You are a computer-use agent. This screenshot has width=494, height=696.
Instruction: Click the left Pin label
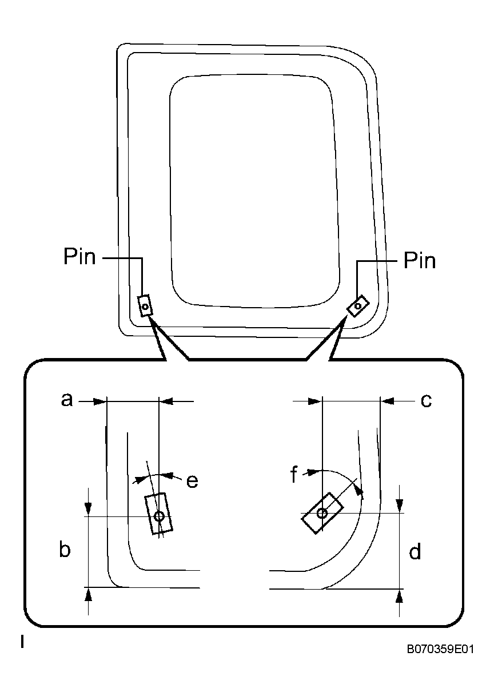[79, 258]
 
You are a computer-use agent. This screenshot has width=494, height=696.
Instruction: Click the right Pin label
[419, 261]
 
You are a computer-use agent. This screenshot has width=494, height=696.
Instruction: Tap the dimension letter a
[67, 400]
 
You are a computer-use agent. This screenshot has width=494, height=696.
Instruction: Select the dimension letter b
[65, 550]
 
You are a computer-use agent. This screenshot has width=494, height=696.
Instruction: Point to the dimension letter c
[426, 401]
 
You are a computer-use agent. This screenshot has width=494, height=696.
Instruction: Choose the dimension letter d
[415, 552]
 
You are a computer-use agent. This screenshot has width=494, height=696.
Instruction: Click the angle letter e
[192, 482]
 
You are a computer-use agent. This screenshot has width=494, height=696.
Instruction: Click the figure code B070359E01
[440, 650]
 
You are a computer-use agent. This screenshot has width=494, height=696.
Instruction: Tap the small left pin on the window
[145, 306]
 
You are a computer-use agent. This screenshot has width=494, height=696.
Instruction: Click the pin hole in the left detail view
[159, 516]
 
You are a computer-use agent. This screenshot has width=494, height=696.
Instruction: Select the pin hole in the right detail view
[322, 513]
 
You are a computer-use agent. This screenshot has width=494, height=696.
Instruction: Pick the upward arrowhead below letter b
[87, 595]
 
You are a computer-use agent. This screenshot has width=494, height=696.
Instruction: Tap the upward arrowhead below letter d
[399, 596]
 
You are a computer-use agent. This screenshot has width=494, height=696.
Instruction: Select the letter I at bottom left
[22, 642]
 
